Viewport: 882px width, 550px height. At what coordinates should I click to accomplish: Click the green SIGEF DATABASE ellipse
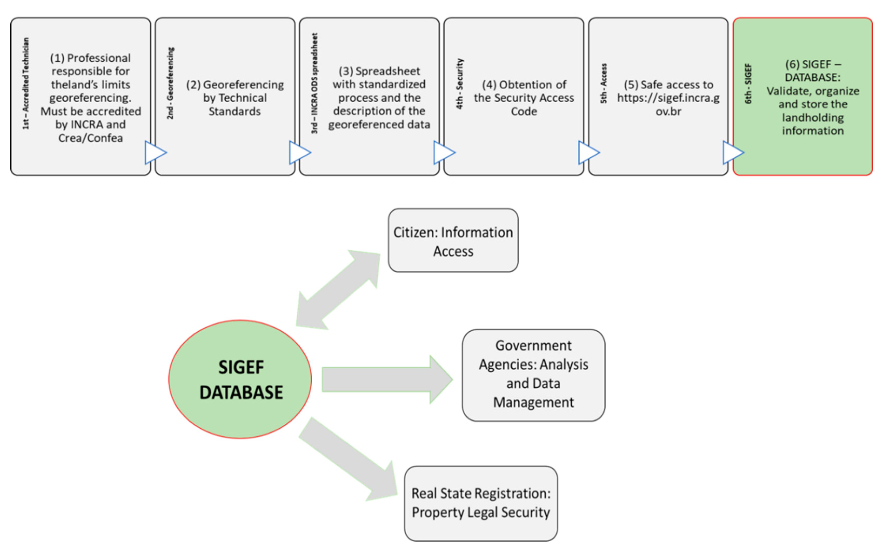240,379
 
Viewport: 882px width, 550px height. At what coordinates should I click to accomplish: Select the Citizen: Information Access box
453,240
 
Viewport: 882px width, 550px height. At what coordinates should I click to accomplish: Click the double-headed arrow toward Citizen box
338,290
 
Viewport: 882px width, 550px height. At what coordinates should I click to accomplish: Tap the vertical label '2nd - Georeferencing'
170,83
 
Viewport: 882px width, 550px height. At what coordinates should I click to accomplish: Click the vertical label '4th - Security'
460,84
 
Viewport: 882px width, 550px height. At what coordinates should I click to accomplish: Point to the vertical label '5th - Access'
604,84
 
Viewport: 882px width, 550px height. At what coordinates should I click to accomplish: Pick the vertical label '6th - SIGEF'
748,84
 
